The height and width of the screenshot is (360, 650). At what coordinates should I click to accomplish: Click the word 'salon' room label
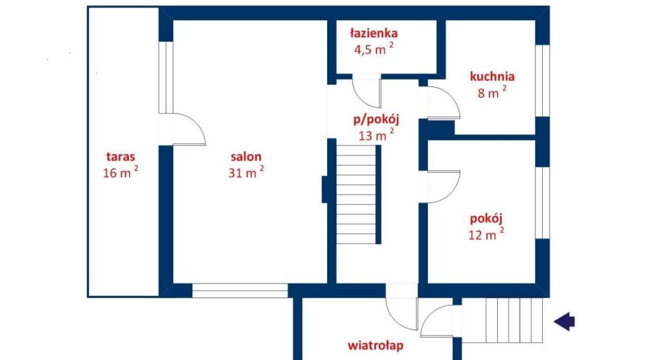pyautogui.click(x=246, y=157)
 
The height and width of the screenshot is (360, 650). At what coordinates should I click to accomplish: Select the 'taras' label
pyautogui.click(x=121, y=157)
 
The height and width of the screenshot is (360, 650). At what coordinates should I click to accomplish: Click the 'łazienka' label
pyautogui.click(x=374, y=33)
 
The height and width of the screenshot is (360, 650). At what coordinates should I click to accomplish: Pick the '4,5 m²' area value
pyautogui.click(x=374, y=49)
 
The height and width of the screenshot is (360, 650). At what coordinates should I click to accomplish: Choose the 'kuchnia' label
pyautogui.click(x=492, y=76)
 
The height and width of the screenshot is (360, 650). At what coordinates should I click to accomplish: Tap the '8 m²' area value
pyautogui.click(x=492, y=92)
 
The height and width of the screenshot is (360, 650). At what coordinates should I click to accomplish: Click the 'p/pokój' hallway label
pyautogui.click(x=376, y=120)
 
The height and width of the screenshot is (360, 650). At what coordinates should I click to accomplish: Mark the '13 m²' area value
pyautogui.click(x=376, y=135)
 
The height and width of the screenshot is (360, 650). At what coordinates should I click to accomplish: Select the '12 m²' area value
pyautogui.click(x=486, y=234)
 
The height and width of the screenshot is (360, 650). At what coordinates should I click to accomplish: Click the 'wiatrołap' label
pyautogui.click(x=376, y=346)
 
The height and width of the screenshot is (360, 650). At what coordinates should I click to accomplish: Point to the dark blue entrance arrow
pyautogui.click(x=564, y=321)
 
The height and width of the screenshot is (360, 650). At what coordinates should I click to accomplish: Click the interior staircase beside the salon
pyautogui.click(x=356, y=194)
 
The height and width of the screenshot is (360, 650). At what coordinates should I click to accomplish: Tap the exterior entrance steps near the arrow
pyautogui.click(x=502, y=320)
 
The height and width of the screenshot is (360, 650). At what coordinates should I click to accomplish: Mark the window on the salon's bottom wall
pyautogui.click(x=240, y=291)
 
